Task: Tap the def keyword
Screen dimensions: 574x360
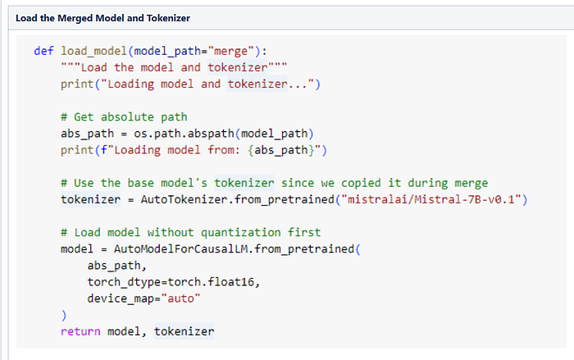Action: point(43,50)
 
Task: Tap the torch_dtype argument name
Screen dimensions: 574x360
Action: point(123,282)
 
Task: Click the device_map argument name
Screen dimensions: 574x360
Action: point(120,298)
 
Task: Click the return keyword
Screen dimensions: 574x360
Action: point(80,331)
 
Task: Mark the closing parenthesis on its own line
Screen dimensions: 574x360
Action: point(63,315)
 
